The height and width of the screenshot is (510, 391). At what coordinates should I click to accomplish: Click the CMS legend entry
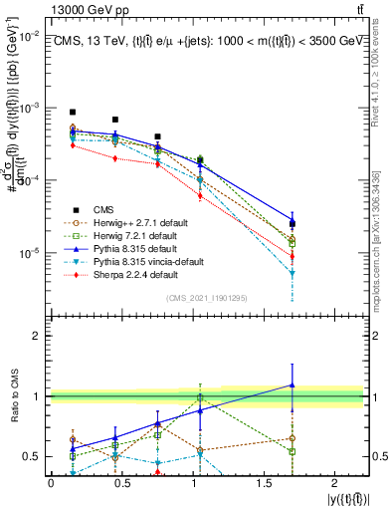point(103,208)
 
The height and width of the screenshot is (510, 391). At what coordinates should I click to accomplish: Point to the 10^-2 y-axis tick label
point(27,35)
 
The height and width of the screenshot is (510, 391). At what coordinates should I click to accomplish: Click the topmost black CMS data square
point(73,113)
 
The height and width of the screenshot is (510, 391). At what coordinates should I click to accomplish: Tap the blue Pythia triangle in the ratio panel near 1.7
point(292,384)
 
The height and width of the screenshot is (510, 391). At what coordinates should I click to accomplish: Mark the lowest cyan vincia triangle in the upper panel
point(292,272)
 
